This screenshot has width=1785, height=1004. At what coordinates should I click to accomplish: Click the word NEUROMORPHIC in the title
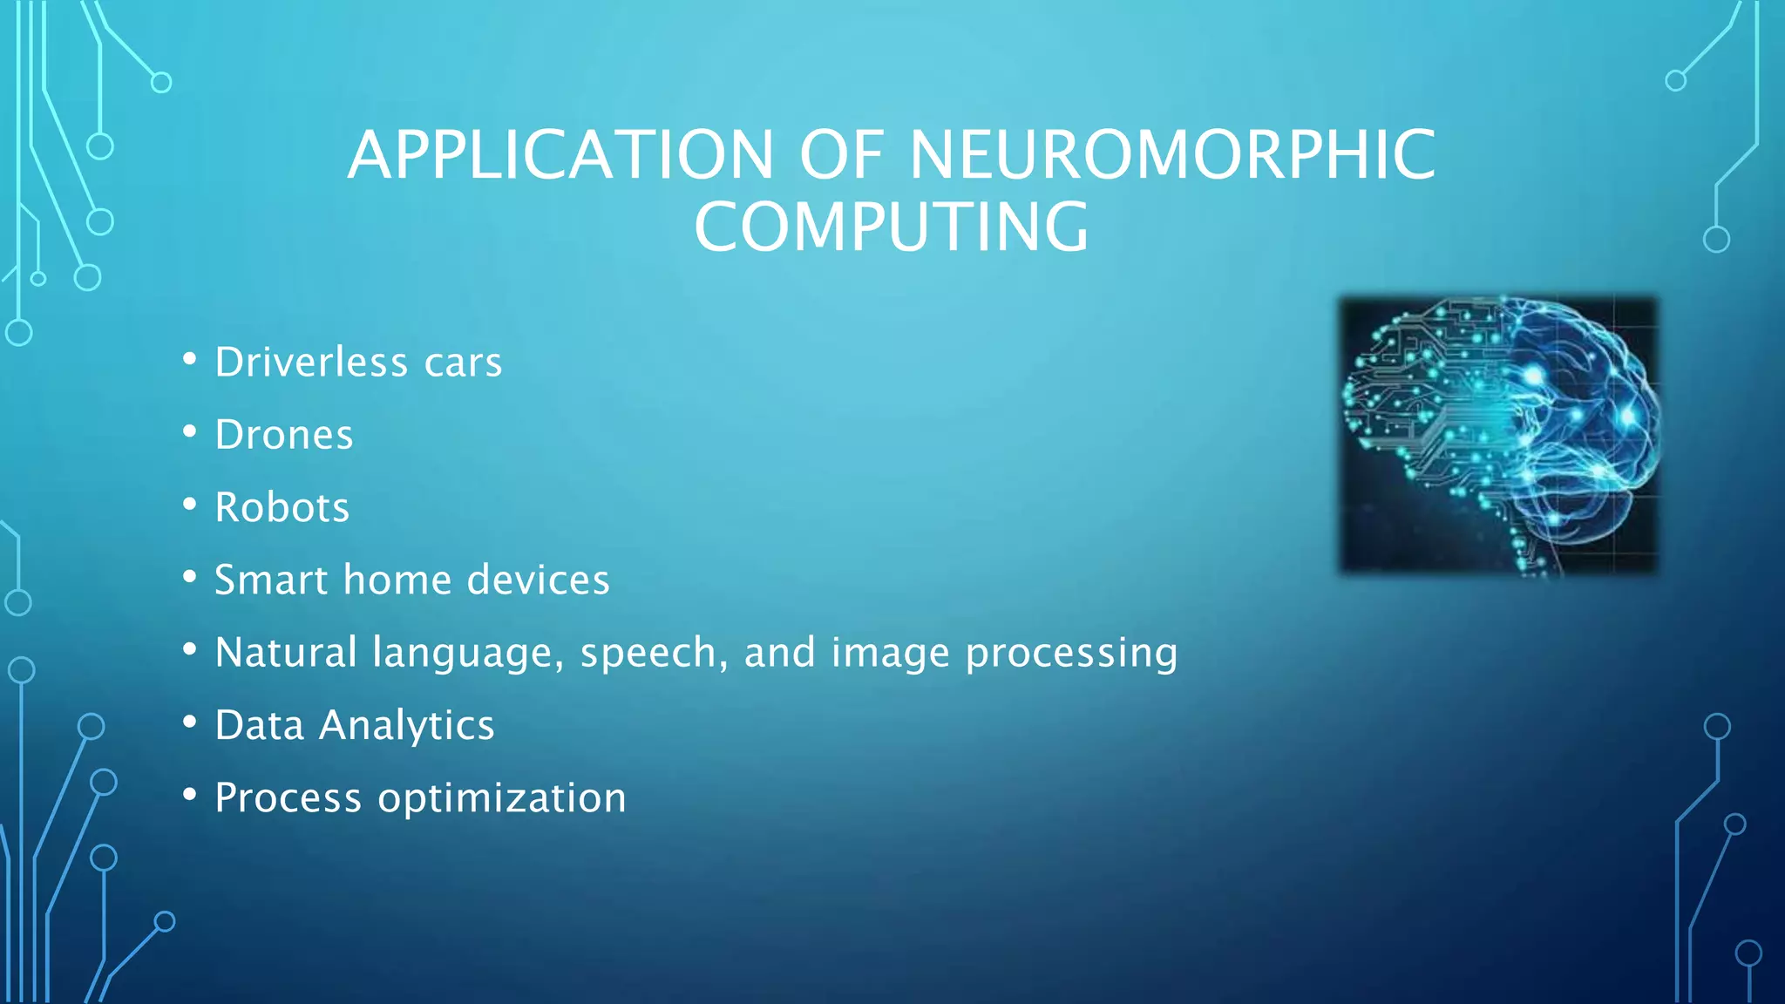click(1172, 155)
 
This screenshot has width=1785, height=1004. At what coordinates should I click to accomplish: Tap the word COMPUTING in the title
click(892, 227)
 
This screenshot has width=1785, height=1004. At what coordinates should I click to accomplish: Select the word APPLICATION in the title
click(560, 155)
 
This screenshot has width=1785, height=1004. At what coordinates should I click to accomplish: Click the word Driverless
click(311, 363)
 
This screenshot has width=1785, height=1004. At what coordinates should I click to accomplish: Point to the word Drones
click(284, 435)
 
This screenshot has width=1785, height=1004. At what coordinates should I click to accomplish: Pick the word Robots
click(282, 507)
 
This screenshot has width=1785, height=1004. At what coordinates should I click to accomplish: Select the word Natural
click(286, 652)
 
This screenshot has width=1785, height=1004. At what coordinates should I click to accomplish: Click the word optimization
click(501, 798)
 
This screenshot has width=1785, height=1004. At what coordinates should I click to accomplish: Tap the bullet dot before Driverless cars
click(190, 359)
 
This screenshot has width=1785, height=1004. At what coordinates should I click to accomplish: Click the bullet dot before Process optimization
click(190, 794)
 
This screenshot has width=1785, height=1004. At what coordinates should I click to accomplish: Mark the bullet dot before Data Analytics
click(190, 722)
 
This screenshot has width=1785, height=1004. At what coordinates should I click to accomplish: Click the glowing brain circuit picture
click(1498, 435)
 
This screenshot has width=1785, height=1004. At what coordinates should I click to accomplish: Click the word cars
click(463, 363)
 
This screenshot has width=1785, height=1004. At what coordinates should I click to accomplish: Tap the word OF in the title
click(842, 155)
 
